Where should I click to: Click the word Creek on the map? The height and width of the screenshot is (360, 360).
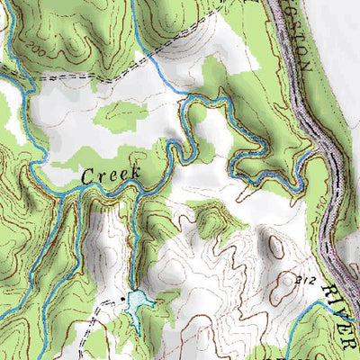(111, 175)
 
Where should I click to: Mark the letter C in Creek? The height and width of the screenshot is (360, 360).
(88, 177)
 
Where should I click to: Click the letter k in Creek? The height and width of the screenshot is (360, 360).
(134, 171)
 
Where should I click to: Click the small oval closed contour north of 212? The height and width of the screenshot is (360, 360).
(274, 243)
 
